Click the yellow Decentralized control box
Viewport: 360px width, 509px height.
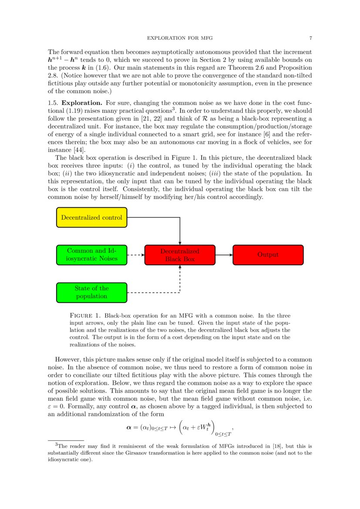[x=91, y=217]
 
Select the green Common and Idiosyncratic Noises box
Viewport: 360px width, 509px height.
[x=91, y=255]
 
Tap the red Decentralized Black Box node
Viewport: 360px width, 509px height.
[x=180, y=255]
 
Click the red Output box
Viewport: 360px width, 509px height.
[x=268, y=255]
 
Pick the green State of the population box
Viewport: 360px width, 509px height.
[x=91, y=292]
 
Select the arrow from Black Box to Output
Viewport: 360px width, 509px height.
[x=224, y=255]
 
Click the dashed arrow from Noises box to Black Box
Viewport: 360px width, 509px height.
[x=135, y=255]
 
